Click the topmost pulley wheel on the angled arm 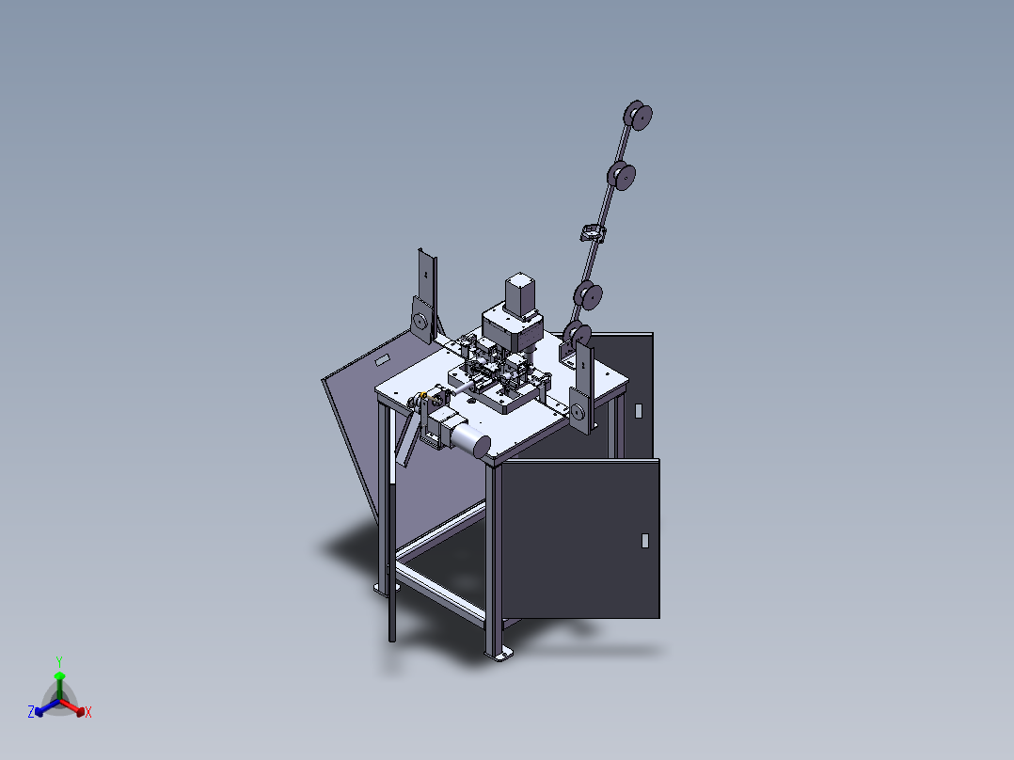point(638,116)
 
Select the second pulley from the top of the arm point(622,175)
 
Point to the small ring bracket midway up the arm point(593,232)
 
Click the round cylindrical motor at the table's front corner point(470,437)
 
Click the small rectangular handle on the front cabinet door point(644,541)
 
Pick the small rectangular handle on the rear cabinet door point(639,411)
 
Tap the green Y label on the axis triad point(59,662)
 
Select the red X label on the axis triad point(88,713)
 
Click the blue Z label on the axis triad point(31,712)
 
